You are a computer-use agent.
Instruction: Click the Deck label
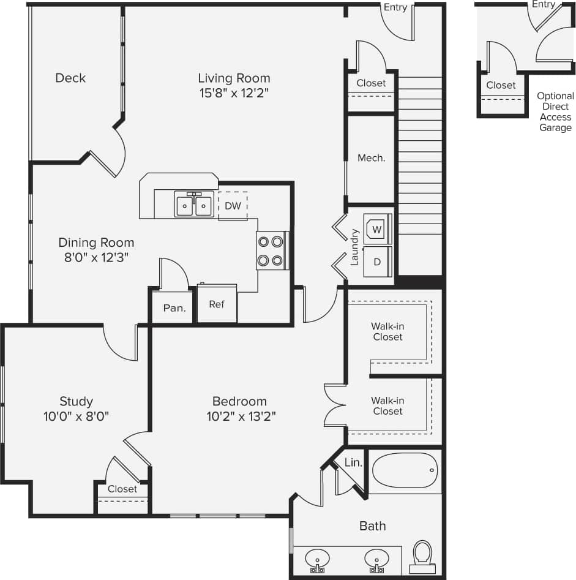(70, 78)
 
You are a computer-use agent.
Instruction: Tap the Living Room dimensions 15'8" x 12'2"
(234, 93)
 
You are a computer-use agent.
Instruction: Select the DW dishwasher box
(233, 206)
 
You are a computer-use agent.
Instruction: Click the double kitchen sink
(194, 205)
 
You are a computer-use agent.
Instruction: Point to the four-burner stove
(272, 250)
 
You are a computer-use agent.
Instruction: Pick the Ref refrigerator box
(217, 304)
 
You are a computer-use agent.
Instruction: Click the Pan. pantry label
(174, 308)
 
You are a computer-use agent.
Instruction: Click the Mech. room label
(372, 158)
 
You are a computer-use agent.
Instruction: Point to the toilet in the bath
(422, 556)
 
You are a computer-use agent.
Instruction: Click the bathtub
(405, 470)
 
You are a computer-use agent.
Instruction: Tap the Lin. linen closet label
(353, 462)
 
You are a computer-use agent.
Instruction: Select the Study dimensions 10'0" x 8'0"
(77, 417)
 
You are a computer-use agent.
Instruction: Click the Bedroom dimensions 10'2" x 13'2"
(239, 417)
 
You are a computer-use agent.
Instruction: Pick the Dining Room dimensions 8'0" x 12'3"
(96, 258)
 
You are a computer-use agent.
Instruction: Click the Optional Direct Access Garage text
(555, 111)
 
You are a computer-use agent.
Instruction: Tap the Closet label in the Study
(122, 489)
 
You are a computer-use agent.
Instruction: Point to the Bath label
(372, 525)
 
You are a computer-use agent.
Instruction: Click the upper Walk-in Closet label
(387, 331)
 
